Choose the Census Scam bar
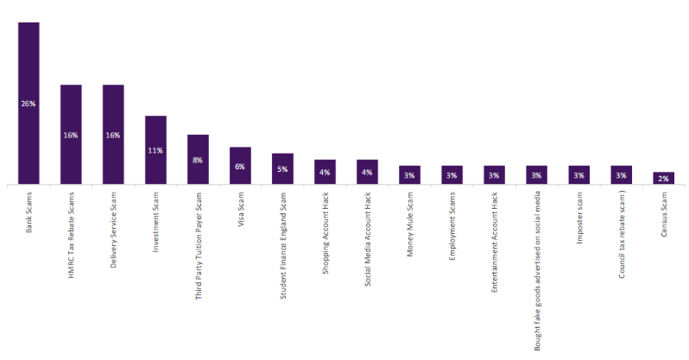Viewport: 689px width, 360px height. (x=663, y=179)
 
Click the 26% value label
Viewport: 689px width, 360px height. (x=28, y=104)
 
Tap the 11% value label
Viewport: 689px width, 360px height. (x=155, y=150)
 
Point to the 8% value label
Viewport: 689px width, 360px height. (x=198, y=160)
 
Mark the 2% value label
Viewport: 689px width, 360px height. (x=663, y=179)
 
